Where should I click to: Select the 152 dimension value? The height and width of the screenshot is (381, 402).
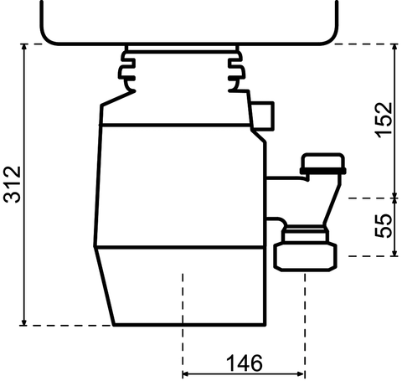(382, 121)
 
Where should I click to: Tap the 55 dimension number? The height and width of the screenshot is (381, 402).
(382, 227)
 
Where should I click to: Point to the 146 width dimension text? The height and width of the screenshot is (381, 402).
(244, 363)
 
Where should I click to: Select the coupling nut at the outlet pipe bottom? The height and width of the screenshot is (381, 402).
(307, 254)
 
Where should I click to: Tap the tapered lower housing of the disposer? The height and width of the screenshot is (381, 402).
(180, 289)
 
